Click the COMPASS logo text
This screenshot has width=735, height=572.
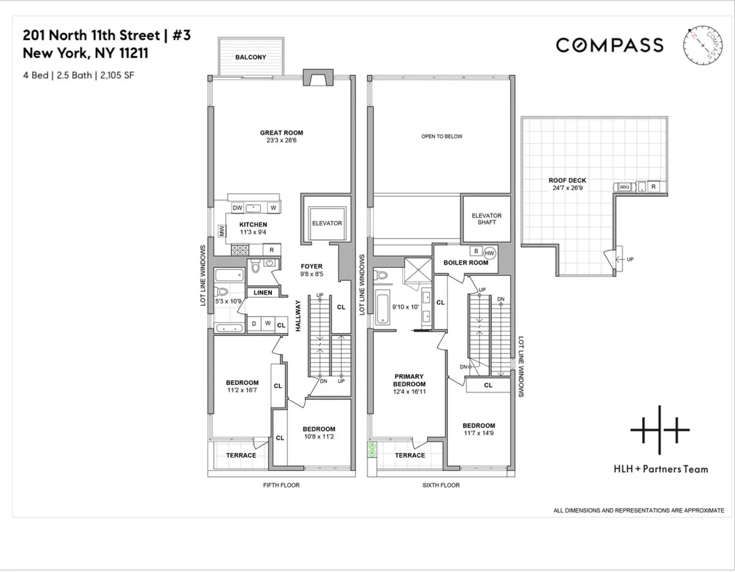[x=609, y=45]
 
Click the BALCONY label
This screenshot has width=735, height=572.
[x=252, y=57]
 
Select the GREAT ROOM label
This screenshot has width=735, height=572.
[x=281, y=132]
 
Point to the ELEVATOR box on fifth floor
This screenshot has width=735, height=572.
[x=326, y=223]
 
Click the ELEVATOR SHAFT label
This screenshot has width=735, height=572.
[x=486, y=219]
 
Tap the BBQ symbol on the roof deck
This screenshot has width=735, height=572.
[x=624, y=187]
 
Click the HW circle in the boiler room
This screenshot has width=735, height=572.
[x=489, y=252]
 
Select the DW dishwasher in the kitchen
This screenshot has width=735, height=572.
[x=238, y=208]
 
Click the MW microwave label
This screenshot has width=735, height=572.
[x=221, y=231]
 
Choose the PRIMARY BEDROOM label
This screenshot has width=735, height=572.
[x=409, y=380]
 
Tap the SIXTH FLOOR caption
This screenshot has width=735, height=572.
[x=441, y=485]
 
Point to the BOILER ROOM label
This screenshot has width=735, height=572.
[x=465, y=263]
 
